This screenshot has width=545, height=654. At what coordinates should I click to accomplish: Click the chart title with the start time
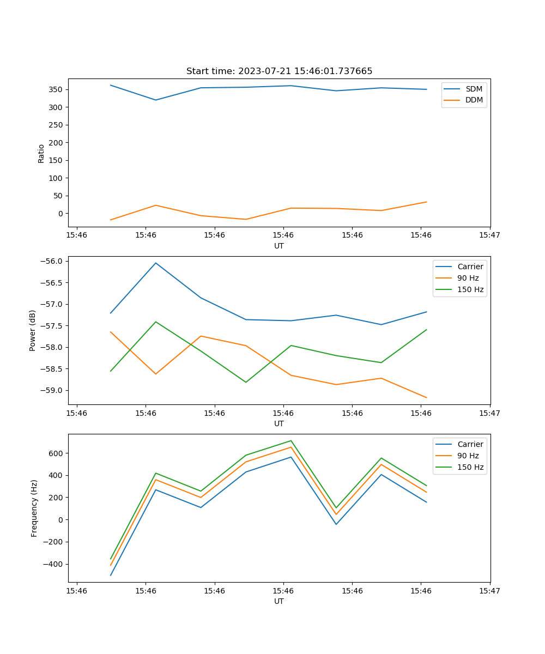(x=279, y=71)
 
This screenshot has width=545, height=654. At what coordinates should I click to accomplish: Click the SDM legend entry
(x=474, y=89)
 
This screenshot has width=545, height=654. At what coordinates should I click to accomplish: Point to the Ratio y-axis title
(x=41, y=153)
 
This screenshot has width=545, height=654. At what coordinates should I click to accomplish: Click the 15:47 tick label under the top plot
(x=489, y=235)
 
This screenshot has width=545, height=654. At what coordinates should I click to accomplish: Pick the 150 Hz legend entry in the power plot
(x=470, y=289)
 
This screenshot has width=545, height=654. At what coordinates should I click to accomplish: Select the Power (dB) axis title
(x=33, y=330)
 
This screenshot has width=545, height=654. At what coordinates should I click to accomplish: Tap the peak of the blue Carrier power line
(x=156, y=263)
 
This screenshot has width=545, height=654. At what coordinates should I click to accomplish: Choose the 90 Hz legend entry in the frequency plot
(x=468, y=456)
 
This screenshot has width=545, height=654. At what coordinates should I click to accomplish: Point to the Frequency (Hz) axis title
(x=34, y=508)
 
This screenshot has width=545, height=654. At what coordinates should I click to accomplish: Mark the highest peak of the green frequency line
(x=291, y=441)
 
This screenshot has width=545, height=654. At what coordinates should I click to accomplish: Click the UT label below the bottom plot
(x=279, y=601)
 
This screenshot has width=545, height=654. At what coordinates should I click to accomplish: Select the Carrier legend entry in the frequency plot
(x=470, y=444)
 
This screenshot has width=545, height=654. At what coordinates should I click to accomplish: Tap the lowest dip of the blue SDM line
(x=156, y=100)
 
